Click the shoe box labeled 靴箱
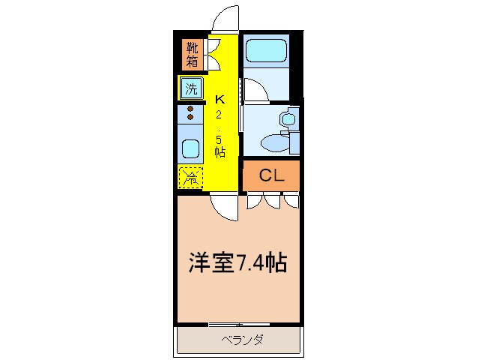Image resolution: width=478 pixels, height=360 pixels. [x=191, y=54]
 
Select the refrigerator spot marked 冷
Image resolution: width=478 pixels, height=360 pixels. [x=191, y=178]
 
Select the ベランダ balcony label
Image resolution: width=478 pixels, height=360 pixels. [x=242, y=340]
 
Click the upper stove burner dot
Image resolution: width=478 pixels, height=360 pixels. [x=190, y=109]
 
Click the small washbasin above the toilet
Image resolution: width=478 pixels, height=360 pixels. [x=287, y=118]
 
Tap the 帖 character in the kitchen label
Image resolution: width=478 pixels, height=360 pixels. [x=220, y=151]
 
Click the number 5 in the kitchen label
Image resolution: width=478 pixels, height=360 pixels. [x=220, y=138]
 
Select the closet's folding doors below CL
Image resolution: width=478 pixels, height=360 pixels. [x=271, y=200]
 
